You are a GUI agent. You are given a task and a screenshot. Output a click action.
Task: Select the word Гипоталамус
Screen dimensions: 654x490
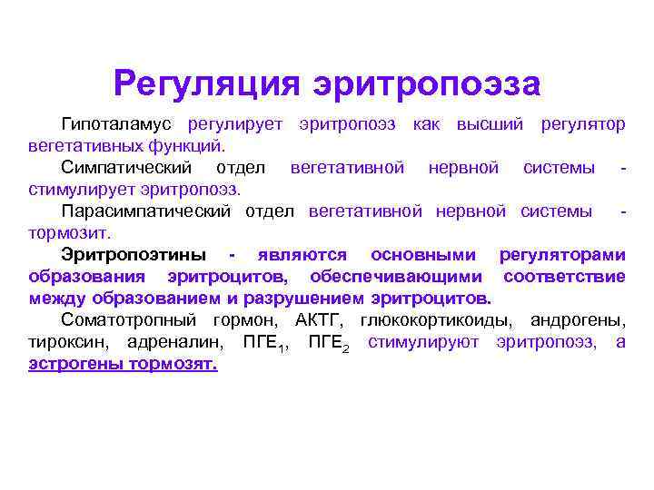[x=116, y=124]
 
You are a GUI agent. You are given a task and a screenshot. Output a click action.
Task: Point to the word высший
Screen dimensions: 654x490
[x=490, y=124]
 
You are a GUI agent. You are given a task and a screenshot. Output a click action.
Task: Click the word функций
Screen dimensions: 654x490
[x=186, y=146]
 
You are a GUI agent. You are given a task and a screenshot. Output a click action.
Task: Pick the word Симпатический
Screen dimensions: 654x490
[x=126, y=168]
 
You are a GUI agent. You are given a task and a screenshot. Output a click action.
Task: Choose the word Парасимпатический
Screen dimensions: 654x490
[x=146, y=211]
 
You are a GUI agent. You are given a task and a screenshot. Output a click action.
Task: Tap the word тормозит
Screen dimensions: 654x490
[x=69, y=233]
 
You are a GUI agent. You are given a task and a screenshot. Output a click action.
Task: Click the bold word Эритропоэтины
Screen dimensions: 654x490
[x=134, y=255]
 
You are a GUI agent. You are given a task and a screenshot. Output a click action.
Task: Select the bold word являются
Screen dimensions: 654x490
[x=302, y=255]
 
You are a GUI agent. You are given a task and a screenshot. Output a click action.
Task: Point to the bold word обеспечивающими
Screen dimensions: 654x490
[x=396, y=277]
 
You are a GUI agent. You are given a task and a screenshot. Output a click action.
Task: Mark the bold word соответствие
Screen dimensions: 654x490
[x=564, y=277]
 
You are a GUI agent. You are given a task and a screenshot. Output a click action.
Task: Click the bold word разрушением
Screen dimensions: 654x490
[x=303, y=299]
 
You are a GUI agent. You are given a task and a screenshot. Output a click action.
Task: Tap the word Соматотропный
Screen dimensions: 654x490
[x=128, y=320]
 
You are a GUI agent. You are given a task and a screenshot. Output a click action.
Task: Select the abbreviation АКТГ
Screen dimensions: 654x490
[x=319, y=320]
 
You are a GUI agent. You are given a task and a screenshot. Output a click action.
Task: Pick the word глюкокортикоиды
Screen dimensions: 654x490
[x=436, y=320]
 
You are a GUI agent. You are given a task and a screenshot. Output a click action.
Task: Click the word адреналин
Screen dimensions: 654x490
[x=175, y=342]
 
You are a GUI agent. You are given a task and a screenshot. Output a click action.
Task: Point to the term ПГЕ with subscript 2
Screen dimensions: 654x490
[x=329, y=343]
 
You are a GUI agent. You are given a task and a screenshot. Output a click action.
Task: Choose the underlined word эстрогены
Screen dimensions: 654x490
[x=76, y=364]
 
